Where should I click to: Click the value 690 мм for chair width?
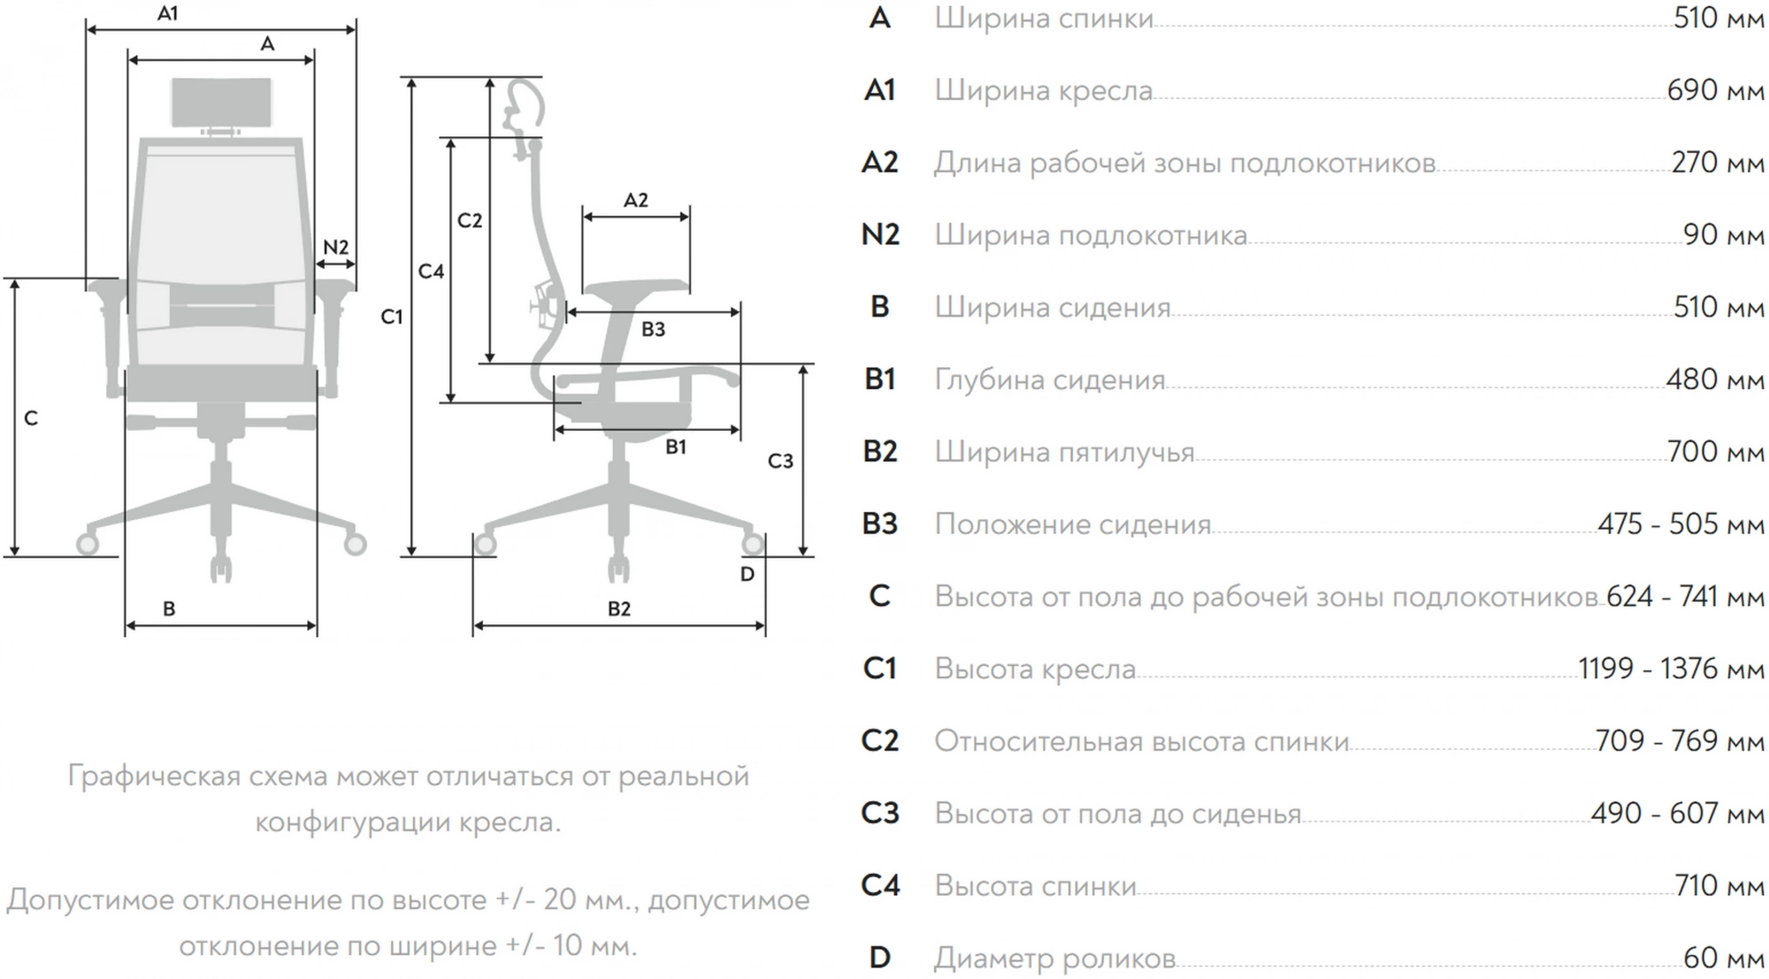pos(1715,90)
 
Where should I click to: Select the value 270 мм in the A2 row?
pos(1717,163)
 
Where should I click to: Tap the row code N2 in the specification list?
pos(880,234)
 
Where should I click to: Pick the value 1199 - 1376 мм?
pos(1671,669)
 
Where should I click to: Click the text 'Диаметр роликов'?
pos(1054,958)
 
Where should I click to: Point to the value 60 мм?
pos(1723,958)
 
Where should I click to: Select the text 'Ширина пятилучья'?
pos(1064,452)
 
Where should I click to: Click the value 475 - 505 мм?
pos(1681,524)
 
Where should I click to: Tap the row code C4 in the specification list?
pos(880,885)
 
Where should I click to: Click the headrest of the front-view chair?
pos(221,102)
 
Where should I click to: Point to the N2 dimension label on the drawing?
pos(336,248)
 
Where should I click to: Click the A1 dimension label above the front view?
pos(167,13)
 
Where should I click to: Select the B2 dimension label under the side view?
pos(619,608)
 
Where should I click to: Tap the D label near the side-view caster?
pos(747,575)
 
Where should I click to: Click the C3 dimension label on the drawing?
pos(780,461)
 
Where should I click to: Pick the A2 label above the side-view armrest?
pos(636,200)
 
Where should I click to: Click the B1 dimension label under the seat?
pos(676,447)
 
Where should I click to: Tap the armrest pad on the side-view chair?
pos(636,287)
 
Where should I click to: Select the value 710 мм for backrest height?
pos(1719,885)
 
